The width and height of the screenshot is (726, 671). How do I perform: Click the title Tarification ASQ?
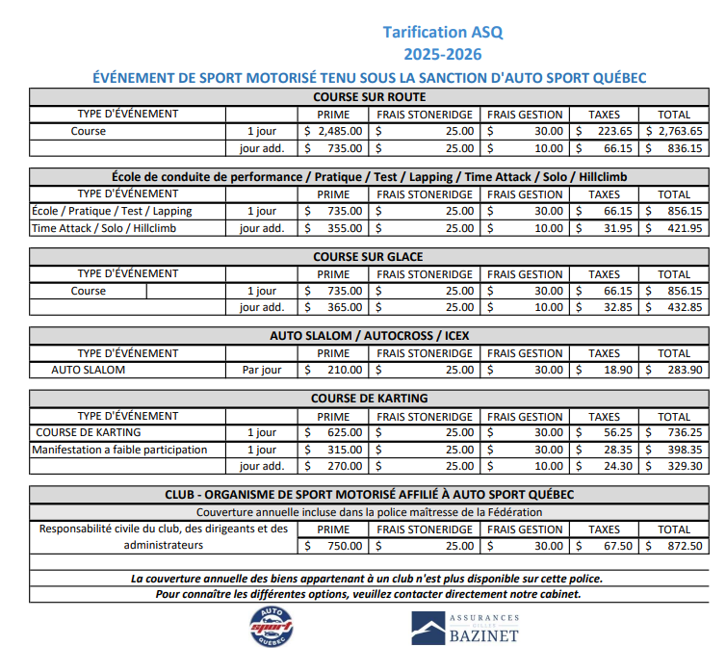coord(442,32)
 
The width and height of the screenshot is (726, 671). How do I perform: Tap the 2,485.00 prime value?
coord(334,131)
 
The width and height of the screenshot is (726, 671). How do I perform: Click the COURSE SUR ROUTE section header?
coord(369,97)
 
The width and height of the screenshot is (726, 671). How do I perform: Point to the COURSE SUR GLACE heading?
coord(369,257)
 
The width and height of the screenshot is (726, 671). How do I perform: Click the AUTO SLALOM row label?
coord(88,370)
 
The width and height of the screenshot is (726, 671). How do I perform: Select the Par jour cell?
coord(261,370)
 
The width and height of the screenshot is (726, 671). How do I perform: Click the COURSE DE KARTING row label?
coord(90,433)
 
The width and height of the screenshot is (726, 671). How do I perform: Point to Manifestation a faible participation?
coord(119,450)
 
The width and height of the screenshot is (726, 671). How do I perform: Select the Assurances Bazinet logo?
coord(467,629)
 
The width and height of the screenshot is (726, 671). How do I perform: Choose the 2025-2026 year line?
coord(442,55)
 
